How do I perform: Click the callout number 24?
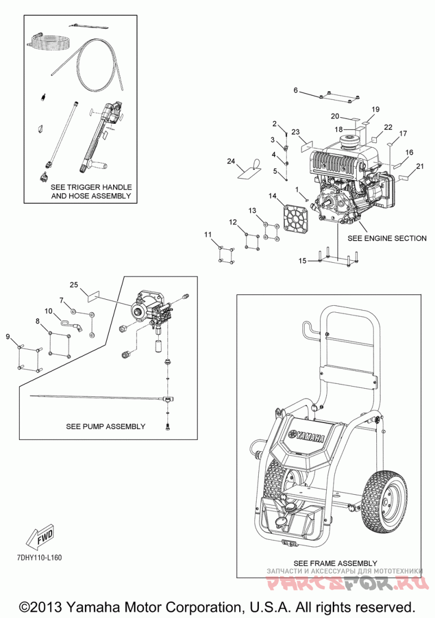click(231, 161)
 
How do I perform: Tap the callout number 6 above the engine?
click(296, 90)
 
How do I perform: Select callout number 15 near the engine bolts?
click(302, 261)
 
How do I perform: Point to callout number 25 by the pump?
click(74, 285)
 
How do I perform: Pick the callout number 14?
click(273, 196)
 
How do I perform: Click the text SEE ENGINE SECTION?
click(387, 238)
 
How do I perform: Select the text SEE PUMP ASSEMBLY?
click(105, 426)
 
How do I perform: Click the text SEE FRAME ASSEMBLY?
click(335, 563)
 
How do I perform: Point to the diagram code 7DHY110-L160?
click(40, 558)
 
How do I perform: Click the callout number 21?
click(420, 166)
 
